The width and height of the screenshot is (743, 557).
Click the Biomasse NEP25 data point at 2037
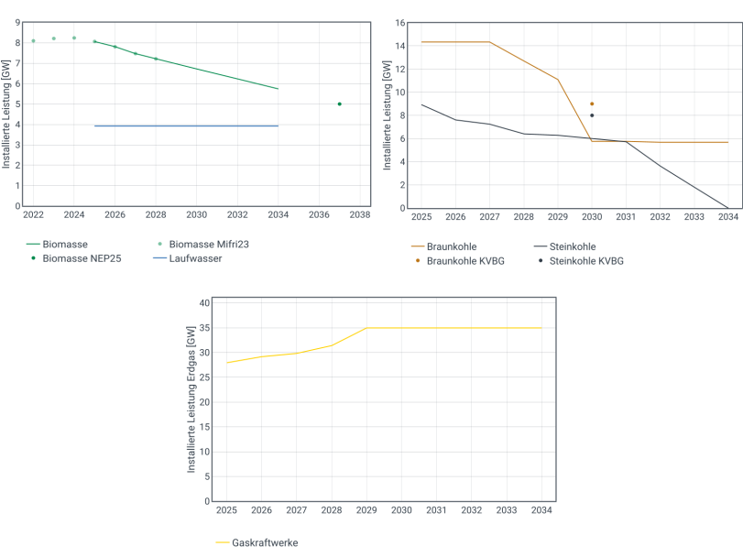[339, 104]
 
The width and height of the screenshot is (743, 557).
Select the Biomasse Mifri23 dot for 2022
[33, 40]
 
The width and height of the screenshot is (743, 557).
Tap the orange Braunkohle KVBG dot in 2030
[592, 104]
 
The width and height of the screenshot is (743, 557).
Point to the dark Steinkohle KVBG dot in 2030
[592, 115]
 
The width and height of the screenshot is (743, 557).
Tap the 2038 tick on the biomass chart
[359, 215]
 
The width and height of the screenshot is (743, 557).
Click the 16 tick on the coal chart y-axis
[399, 23]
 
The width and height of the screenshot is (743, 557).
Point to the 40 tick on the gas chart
[204, 302]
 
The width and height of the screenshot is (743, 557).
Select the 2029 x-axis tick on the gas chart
[366, 509]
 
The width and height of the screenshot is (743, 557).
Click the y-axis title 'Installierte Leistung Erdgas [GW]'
[191, 399]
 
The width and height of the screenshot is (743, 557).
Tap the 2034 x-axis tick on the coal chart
[727, 217]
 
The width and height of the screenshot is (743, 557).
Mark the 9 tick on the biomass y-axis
[18, 23]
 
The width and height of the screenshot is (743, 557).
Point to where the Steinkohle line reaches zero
[727, 208]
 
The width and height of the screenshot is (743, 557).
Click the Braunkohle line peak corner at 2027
[489, 42]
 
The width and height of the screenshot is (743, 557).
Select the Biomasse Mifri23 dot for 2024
[74, 38]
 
